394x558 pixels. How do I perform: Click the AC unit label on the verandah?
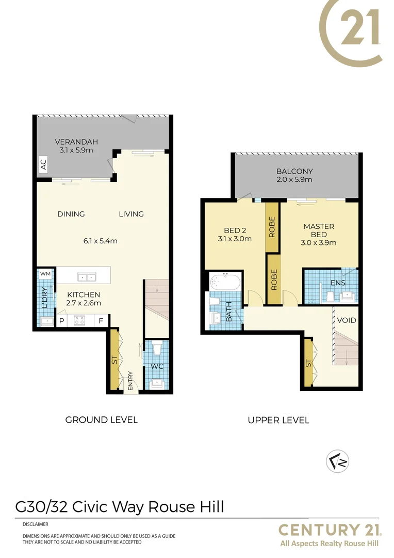43,164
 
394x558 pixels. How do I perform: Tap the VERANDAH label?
76,142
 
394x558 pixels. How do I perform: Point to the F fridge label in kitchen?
101,321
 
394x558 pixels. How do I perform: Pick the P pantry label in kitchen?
61,321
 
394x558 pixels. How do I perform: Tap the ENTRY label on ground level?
131,381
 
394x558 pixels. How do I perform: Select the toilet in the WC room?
158,348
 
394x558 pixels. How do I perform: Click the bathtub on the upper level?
225,283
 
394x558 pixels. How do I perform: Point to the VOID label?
347,320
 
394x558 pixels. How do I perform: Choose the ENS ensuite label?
338,283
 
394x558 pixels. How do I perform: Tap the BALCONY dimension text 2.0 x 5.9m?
294,180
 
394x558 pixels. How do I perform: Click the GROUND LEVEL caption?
101,420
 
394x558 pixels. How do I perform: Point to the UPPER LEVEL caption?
278,420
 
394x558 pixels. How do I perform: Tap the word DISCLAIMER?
36,524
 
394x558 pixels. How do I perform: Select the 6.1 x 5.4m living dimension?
101,241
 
